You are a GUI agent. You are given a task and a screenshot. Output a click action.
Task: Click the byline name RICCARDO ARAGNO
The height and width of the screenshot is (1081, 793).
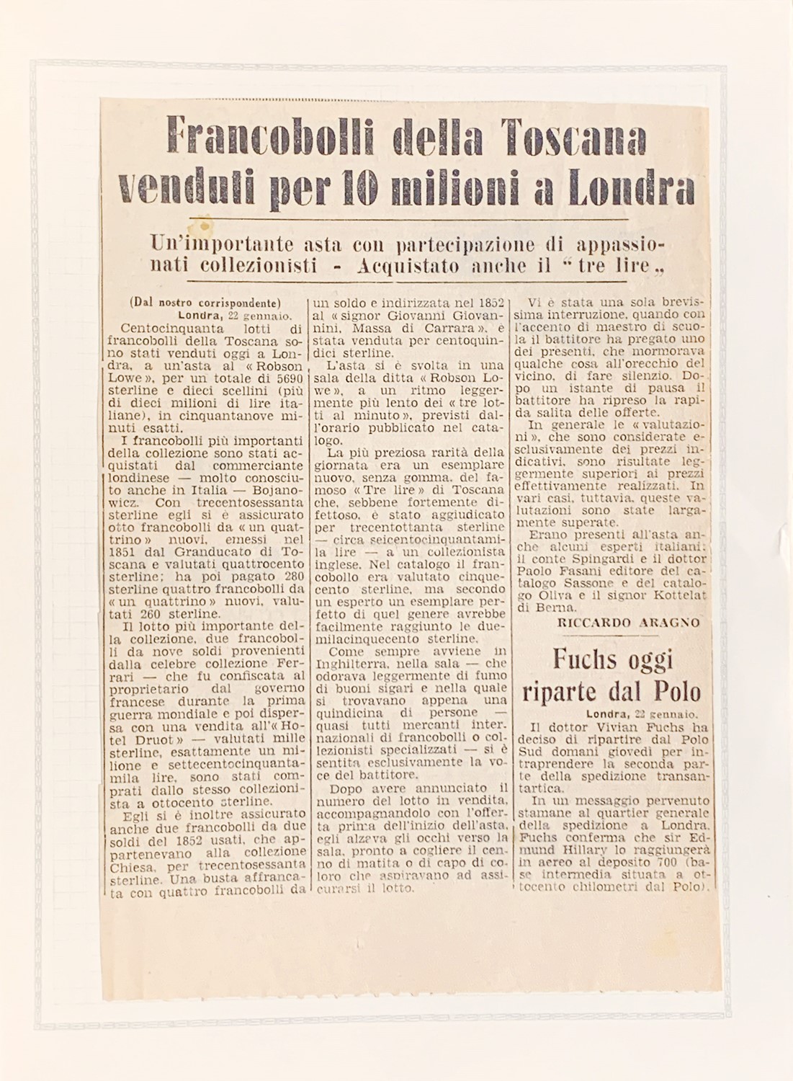tap(627, 623)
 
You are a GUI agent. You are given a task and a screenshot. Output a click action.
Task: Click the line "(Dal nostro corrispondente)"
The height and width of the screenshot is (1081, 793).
tap(205, 303)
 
